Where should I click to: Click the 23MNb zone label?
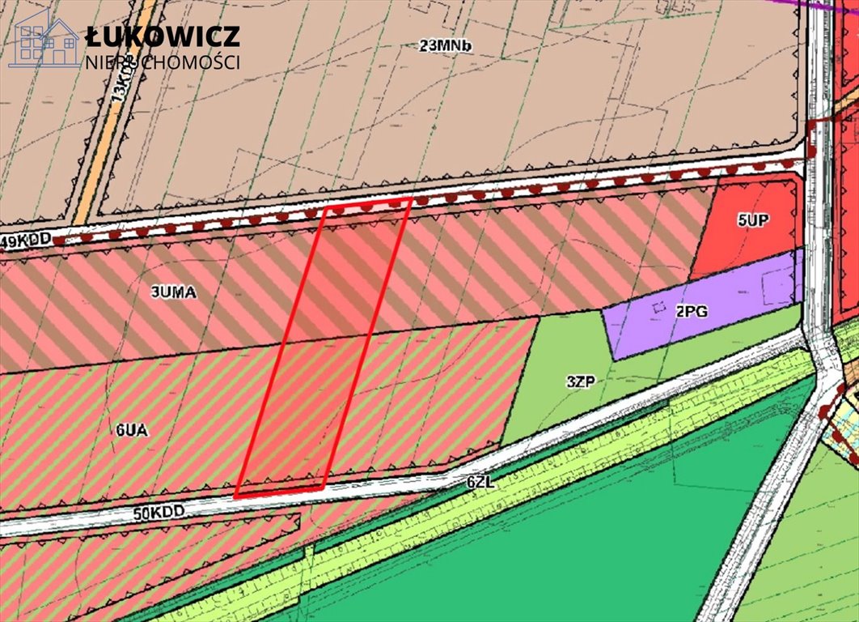pyautogui.click(x=445, y=46)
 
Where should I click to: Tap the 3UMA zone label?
pyautogui.click(x=173, y=293)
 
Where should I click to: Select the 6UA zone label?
pyautogui.click(x=131, y=431)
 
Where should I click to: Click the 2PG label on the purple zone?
pyautogui.click(x=692, y=311)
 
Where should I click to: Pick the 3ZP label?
pyautogui.click(x=581, y=381)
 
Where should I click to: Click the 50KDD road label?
pyautogui.click(x=159, y=512)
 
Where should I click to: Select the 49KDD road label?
pyautogui.click(x=26, y=240)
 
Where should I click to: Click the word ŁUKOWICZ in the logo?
pyautogui.click(x=163, y=36)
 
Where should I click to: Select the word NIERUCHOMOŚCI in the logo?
pyautogui.click(x=163, y=62)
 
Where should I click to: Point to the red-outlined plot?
pyautogui.click(x=324, y=348)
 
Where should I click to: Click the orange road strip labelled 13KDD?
pyautogui.click(x=113, y=121)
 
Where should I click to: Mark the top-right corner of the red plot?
pyautogui.click(x=411, y=198)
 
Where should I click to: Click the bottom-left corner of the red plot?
pyautogui.click(x=236, y=495)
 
